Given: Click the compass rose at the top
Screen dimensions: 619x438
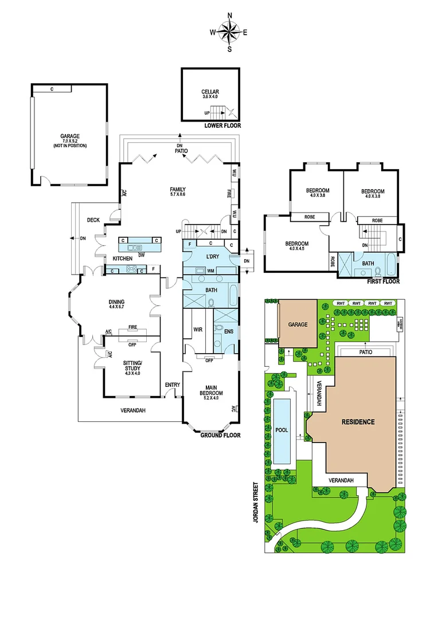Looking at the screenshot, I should coord(230,32).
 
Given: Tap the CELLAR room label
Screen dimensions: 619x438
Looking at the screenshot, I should coord(210,94).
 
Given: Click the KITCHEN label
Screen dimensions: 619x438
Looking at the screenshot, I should coord(122,258).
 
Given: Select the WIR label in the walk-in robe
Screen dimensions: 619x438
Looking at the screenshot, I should coord(198,329).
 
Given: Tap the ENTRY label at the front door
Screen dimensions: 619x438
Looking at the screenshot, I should coord(172,385).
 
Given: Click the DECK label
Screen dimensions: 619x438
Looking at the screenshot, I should coord(93,220).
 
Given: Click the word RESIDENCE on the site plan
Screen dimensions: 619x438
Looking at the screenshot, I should coord(358,422).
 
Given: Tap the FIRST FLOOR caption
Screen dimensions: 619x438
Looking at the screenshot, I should coord(384,281).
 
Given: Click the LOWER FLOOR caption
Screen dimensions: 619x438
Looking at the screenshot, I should coord(223,126).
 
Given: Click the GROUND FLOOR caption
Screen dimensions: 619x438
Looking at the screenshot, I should coord(220,436).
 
